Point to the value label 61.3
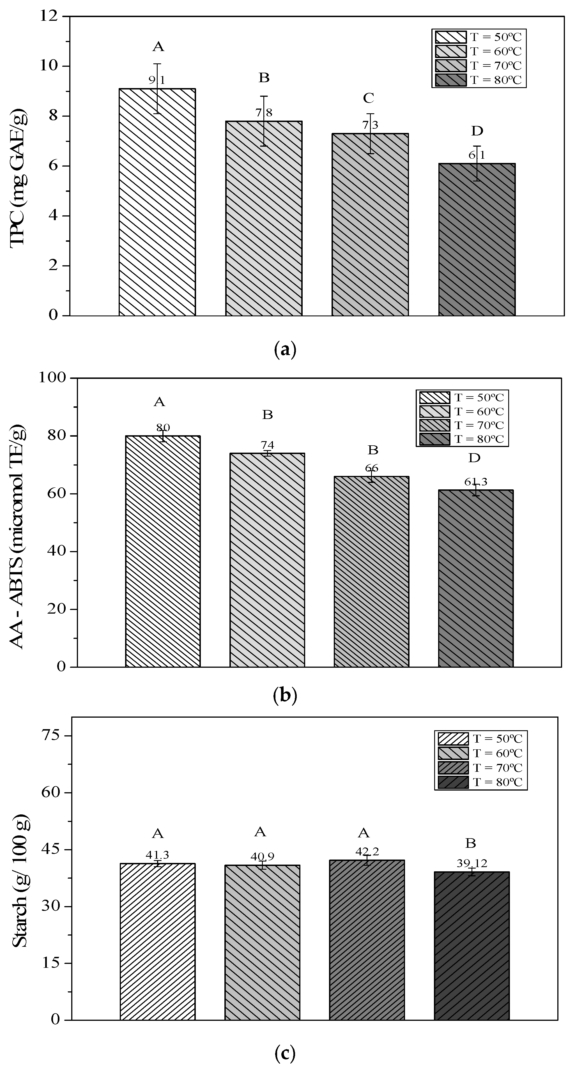475,482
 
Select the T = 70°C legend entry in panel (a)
479,66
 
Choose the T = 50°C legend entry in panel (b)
462,397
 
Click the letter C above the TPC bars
368,98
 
